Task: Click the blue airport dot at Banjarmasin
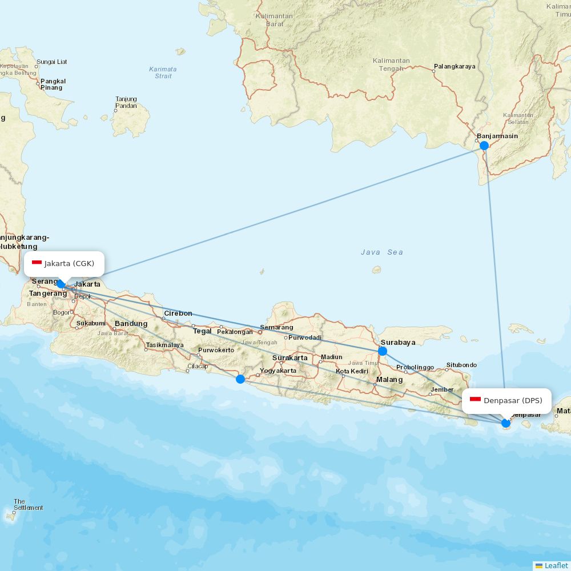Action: click(x=484, y=146)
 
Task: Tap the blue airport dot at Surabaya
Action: click(x=383, y=351)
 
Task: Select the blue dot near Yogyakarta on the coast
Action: click(x=240, y=379)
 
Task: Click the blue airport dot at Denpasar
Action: click(x=506, y=423)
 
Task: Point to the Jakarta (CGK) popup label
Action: click(x=65, y=263)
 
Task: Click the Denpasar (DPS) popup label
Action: click(x=506, y=400)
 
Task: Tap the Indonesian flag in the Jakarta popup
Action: click(x=37, y=263)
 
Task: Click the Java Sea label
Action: click(x=382, y=252)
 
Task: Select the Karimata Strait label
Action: click(x=163, y=73)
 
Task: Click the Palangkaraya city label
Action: click(x=455, y=67)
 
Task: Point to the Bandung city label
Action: click(x=131, y=324)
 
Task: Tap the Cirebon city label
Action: click(x=178, y=313)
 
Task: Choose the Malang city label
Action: click(x=389, y=380)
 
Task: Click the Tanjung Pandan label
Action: click(x=126, y=102)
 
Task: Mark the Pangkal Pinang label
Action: click(x=53, y=85)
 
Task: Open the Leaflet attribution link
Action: click(x=556, y=565)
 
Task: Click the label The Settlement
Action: click(x=28, y=505)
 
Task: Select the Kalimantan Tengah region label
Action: click(x=391, y=65)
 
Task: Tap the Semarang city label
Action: click(x=276, y=328)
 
